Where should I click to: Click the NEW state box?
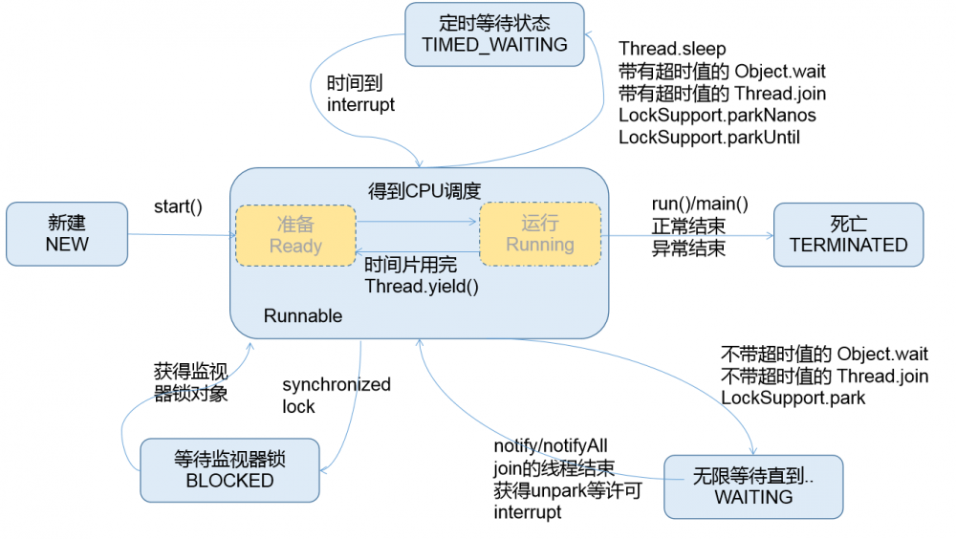tap(67, 233)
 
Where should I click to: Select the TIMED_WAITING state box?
tap(494, 33)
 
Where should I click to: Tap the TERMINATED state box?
tap(848, 234)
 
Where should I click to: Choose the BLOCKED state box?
tap(229, 470)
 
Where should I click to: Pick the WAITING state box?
tap(753, 486)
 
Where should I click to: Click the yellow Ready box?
tap(295, 234)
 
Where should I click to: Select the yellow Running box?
tap(540, 233)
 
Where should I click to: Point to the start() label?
tap(178, 206)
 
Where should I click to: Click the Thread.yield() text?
tap(422, 285)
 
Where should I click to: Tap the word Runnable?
tap(303, 316)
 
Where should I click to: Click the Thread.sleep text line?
tap(672, 49)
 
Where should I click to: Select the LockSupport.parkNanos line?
tap(717, 116)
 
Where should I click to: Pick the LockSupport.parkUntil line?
tap(709, 138)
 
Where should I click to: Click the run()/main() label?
tap(700, 205)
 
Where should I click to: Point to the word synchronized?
tap(337, 385)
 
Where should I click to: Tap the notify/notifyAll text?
tap(551, 446)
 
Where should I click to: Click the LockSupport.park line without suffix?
tap(793, 398)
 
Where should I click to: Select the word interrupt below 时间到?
tap(360, 105)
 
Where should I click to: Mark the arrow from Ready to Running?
tap(417, 223)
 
